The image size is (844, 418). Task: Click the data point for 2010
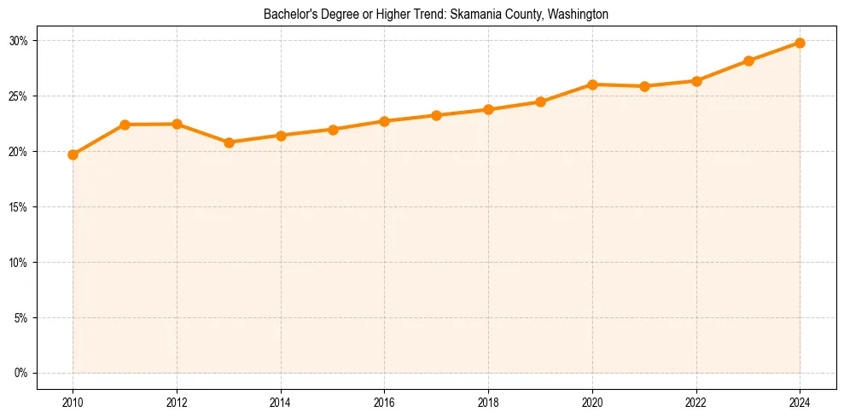point(73,154)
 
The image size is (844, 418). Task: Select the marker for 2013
point(229,142)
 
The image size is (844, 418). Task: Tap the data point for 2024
point(800,43)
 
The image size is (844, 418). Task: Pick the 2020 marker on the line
point(592,84)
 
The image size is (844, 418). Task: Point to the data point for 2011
point(125,125)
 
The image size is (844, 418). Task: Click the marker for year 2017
point(436,115)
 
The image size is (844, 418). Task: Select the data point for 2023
point(748,61)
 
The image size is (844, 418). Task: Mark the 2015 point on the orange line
point(333,130)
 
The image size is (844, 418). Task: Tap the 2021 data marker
point(644,86)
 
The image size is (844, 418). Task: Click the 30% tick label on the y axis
point(19,41)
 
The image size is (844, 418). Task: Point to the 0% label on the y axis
point(21,374)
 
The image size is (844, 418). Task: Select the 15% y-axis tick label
point(19,207)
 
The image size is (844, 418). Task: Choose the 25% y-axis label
point(19,96)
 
